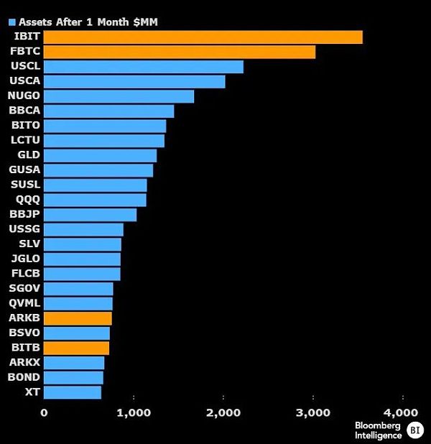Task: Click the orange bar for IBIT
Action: [x=203, y=37]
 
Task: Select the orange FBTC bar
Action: [x=180, y=52]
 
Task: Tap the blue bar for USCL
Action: [x=144, y=67]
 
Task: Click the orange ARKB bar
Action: [x=78, y=318]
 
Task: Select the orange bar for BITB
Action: [x=76, y=348]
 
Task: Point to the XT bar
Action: [x=73, y=392]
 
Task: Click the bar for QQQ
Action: [x=95, y=200]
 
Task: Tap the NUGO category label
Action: [x=24, y=96]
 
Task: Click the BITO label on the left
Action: [x=25, y=125]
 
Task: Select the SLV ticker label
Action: [x=29, y=244]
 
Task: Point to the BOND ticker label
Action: [x=24, y=377]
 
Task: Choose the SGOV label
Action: [x=24, y=288]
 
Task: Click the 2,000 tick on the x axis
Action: [x=223, y=412]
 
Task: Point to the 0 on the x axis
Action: [x=44, y=412]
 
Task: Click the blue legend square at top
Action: [x=12, y=22]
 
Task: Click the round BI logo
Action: [x=415, y=430]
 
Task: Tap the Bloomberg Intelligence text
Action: [x=378, y=430]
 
